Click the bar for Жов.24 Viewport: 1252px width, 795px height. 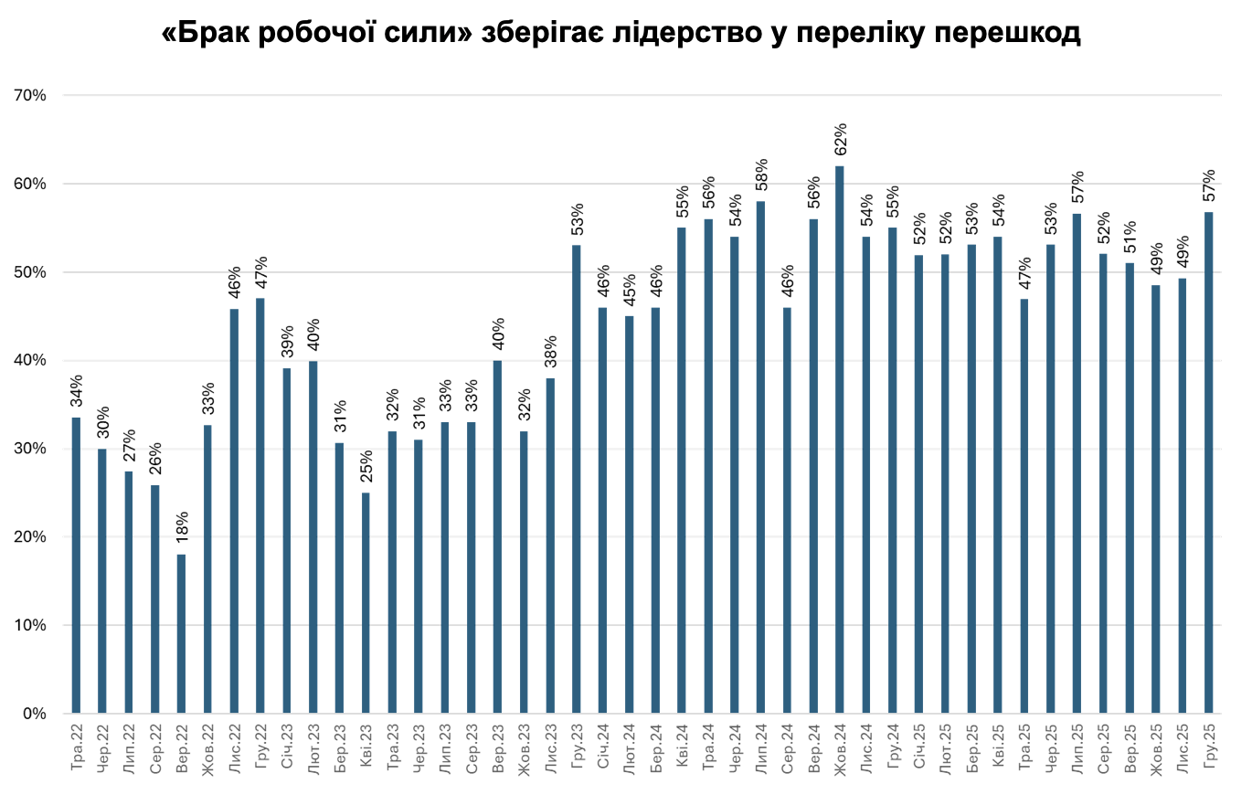coord(839,439)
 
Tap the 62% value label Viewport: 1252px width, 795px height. coord(840,141)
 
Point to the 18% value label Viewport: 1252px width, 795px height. coord(181,529)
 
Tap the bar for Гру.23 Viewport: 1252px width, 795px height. coord(576,479)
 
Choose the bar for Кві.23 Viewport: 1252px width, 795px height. coord(366,603)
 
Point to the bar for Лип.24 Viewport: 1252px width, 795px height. coord(760,457)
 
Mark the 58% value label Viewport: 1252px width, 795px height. coord(760,176)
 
